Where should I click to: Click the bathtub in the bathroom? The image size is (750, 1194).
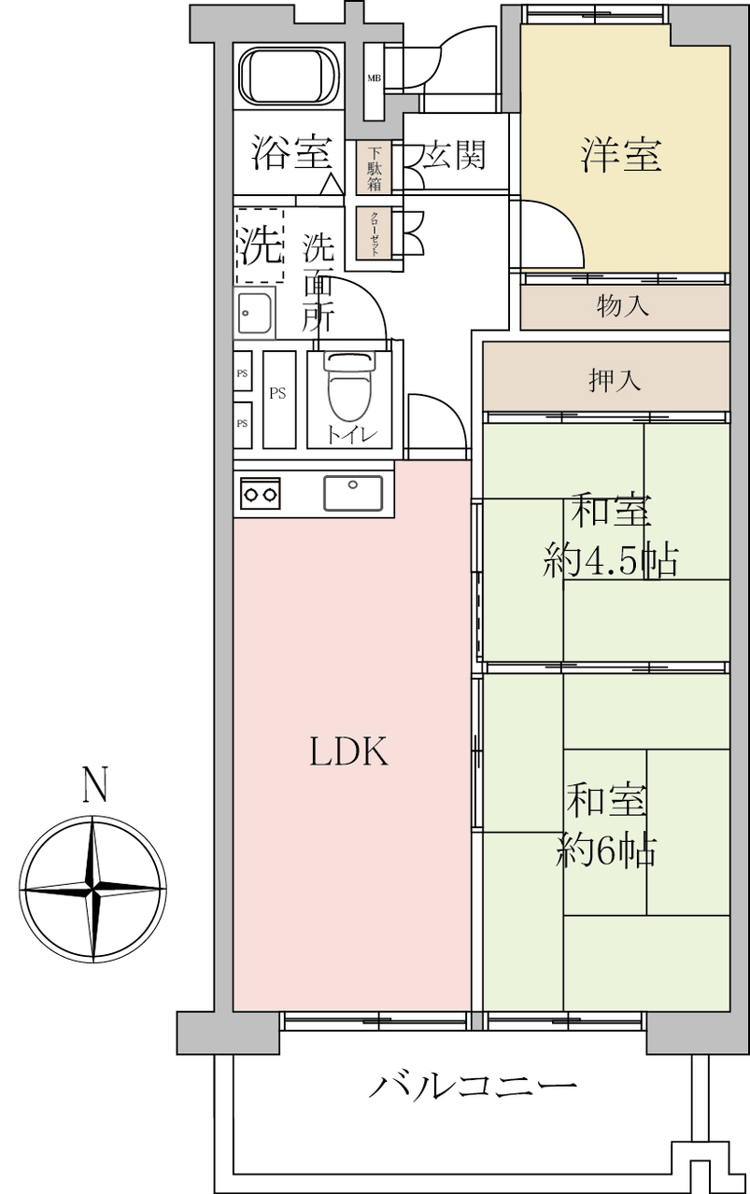click(x=289, y=77)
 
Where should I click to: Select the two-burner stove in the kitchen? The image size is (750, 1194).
click(x=261, y=493)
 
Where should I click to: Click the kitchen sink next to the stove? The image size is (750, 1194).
click(x=353, y=493)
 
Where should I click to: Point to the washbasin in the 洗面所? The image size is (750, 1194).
click(x=254, y=313)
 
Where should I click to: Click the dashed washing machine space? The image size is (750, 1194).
click(x=260, y=246)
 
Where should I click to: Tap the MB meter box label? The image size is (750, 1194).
click(x=374, y=78)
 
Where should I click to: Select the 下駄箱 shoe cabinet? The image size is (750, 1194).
click(x=374, y=167)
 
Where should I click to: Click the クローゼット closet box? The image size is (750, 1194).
click(x=374, y=233)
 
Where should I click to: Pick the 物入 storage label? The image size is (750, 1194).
click(x=623, y=306)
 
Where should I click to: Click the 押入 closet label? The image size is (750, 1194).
click(x=615, y=380)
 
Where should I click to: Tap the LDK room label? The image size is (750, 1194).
click(x=349, y=752)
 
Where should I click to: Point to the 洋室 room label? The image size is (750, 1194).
click(x=621, y=155)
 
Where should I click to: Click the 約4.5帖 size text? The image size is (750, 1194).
click(x=611, y=560)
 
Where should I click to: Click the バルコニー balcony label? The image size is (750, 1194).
click(x=473, y=1088)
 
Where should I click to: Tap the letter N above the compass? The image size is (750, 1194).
click(x=95, y=784)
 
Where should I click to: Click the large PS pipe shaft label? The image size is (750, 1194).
click(x=277, y=393)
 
